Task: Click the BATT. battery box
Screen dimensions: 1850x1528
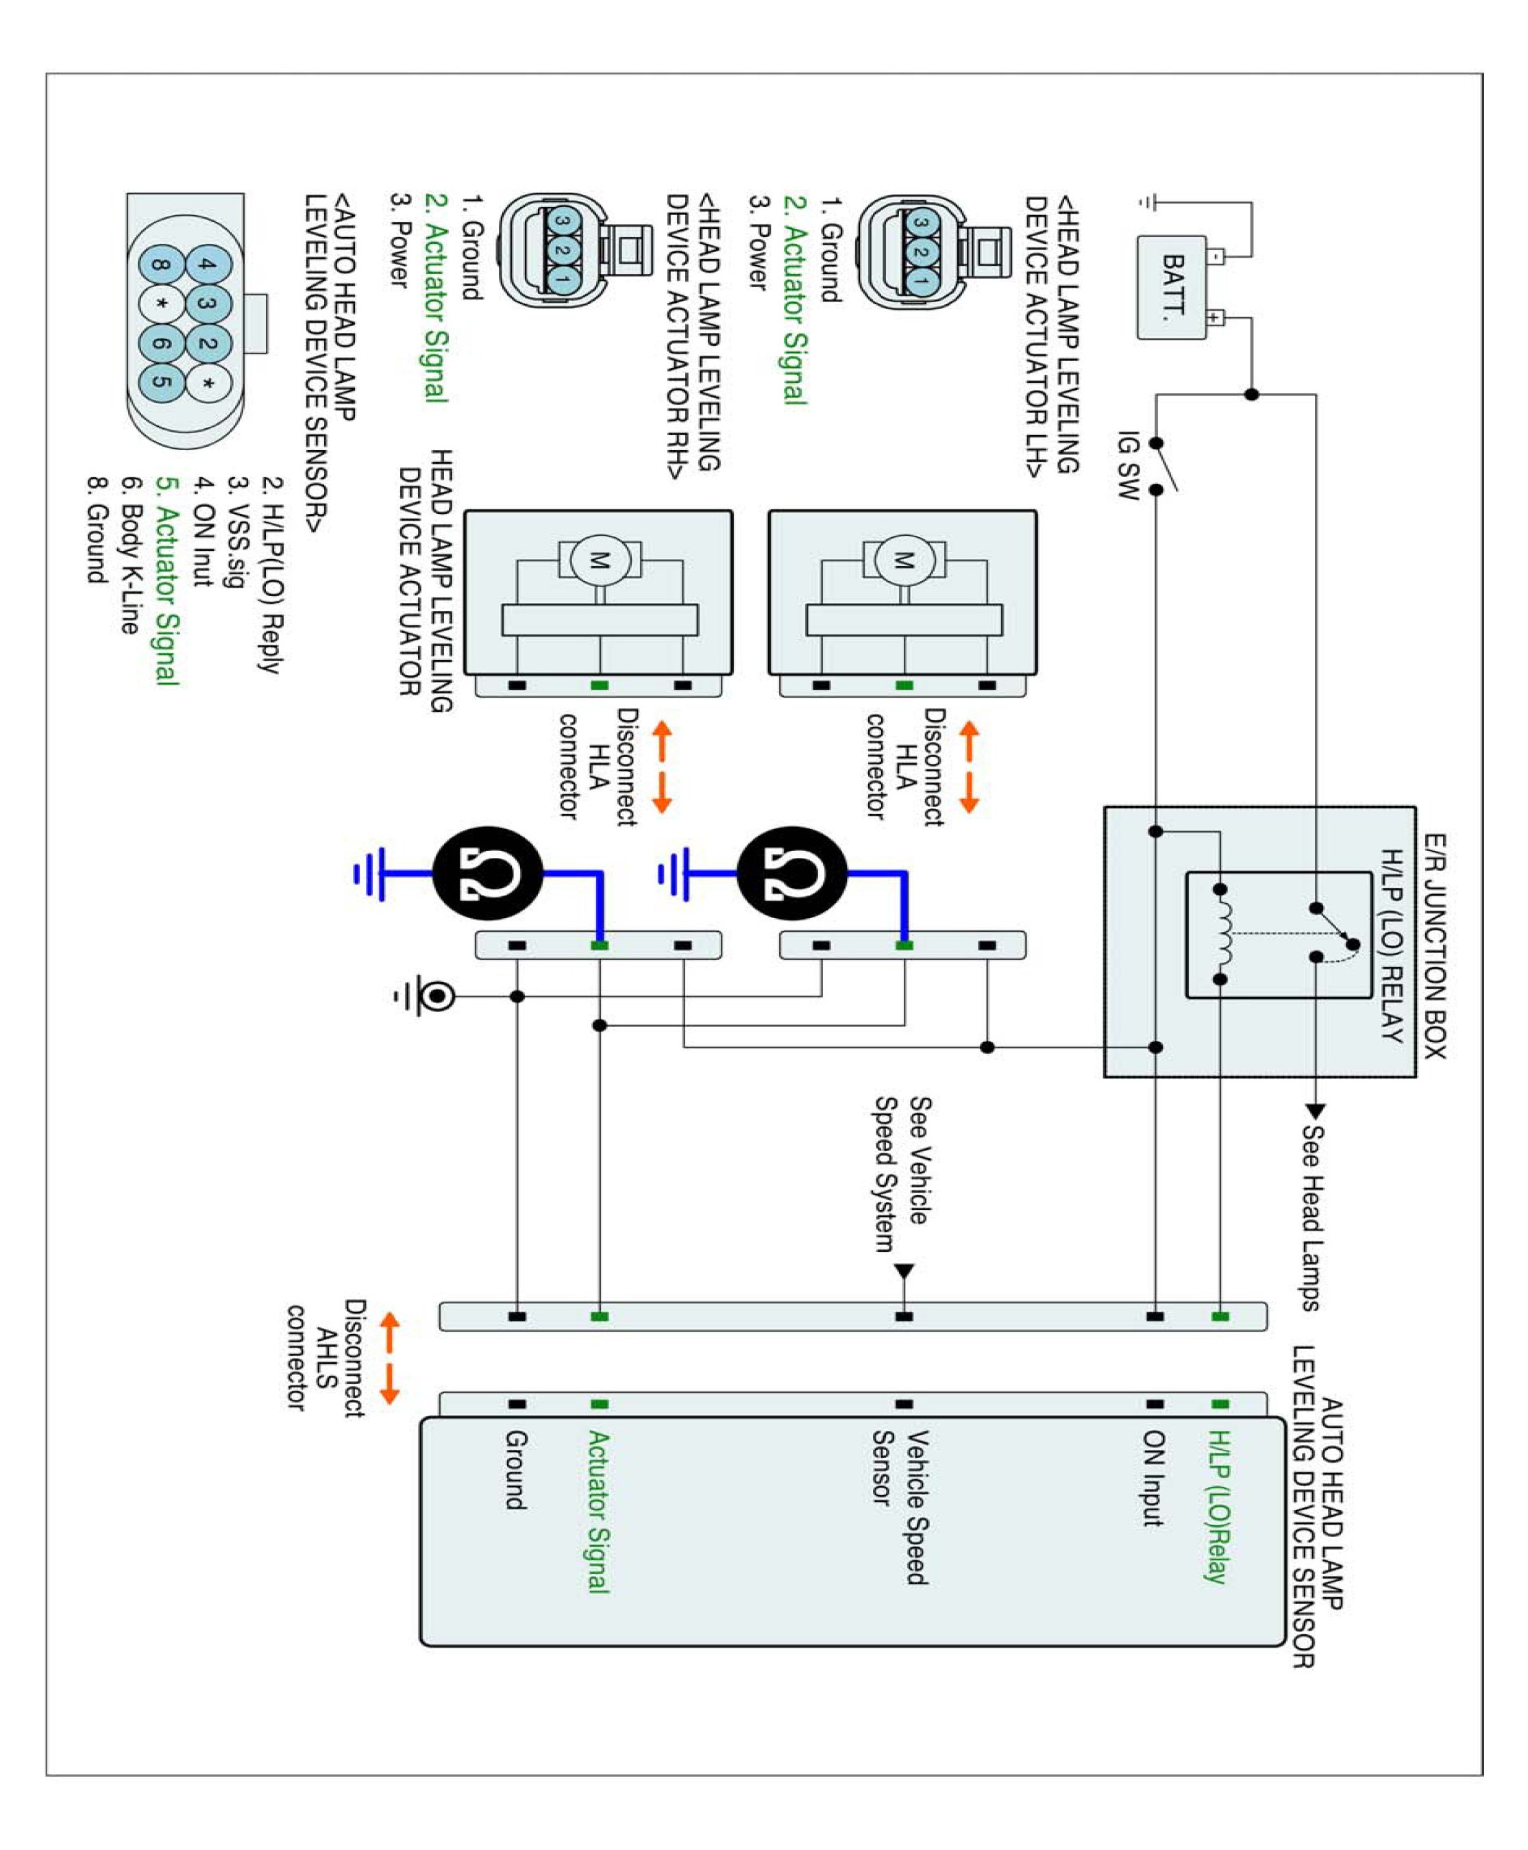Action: tap(1172, 287)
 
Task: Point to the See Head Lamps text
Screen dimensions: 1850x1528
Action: tap(1311, 1217)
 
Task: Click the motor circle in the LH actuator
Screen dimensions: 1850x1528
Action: tap(904, 560)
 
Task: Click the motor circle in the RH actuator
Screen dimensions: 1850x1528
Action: tap(600, 560)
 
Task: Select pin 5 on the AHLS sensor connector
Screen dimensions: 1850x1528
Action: tap(161, 381)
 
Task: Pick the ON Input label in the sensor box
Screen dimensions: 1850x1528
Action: tap(1153, 1478)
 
